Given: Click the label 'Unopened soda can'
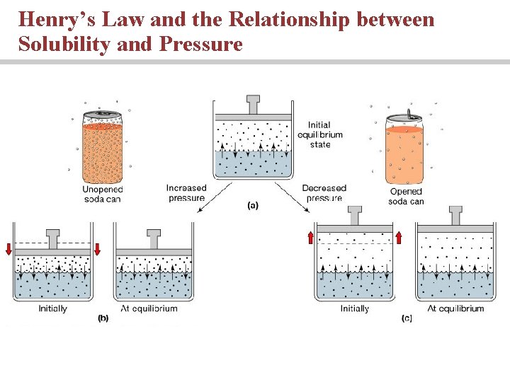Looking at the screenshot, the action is (x=102, y=193).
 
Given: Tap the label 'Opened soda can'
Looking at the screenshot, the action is (x=406, y=196).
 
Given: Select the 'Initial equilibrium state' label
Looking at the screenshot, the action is (x=319, y=134).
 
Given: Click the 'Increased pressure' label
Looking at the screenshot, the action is (x=186, y=192).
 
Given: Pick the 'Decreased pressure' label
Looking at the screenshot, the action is (x=324, y=192).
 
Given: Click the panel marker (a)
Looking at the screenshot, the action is (x=252, y=206).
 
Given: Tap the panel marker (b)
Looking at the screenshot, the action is (x=103, y=318).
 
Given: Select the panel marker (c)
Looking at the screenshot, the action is (x=407, y=318).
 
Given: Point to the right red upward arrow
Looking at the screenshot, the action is (x=399, y=236).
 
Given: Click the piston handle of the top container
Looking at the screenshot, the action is (x=253, y=104).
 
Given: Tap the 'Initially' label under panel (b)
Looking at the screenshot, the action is (x=53, y=308).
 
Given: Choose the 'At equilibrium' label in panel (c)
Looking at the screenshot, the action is (x=456, y=308).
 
